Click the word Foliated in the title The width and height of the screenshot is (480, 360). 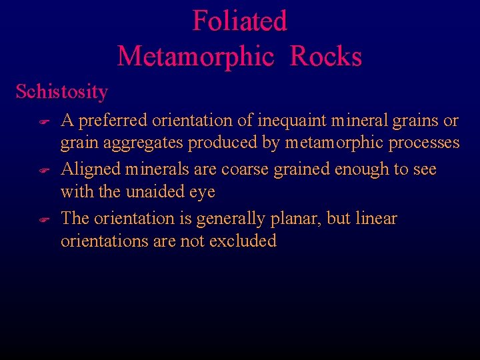(239, 21)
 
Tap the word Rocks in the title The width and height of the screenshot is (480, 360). (326, 56)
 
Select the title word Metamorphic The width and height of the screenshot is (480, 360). (195, 56)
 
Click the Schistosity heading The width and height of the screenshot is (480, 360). (61, 91)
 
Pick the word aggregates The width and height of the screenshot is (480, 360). (141, 143)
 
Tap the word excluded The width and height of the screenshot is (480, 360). (243, 241)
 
